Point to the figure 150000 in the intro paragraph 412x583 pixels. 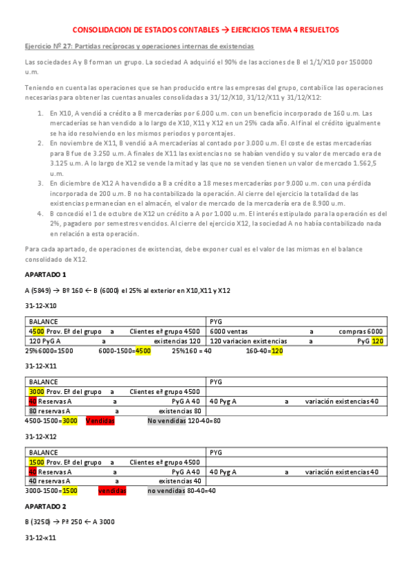pos(358,62)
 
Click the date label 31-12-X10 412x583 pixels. pos(41,305)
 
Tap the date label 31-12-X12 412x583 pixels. pos(41,436)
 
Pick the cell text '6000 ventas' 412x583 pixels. pos(228,331)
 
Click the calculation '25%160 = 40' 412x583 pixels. pos(192,350)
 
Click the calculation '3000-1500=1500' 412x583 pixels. pos(51,492)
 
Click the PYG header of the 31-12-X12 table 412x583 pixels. pos(215,452)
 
